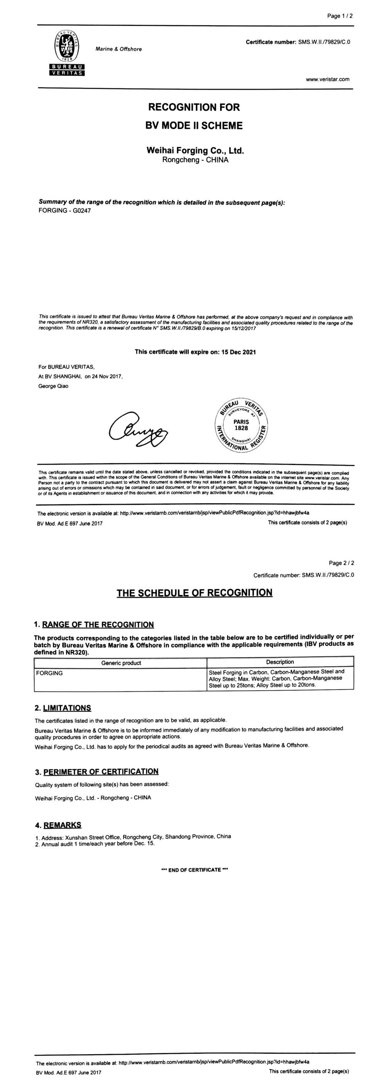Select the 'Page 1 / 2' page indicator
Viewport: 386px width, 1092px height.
[340, 16]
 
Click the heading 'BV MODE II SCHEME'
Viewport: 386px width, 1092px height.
[194, 126]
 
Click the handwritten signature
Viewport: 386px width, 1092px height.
[138, 428]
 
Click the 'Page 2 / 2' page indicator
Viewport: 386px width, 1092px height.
[342, 563]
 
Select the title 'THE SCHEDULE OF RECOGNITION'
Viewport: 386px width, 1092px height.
[194, 593]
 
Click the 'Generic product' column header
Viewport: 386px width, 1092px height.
[121, 663]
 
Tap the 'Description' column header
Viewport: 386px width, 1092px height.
[280, 662]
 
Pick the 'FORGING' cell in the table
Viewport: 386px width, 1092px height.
[50, 673]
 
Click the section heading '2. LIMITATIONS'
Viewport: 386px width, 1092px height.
[63, 708]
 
